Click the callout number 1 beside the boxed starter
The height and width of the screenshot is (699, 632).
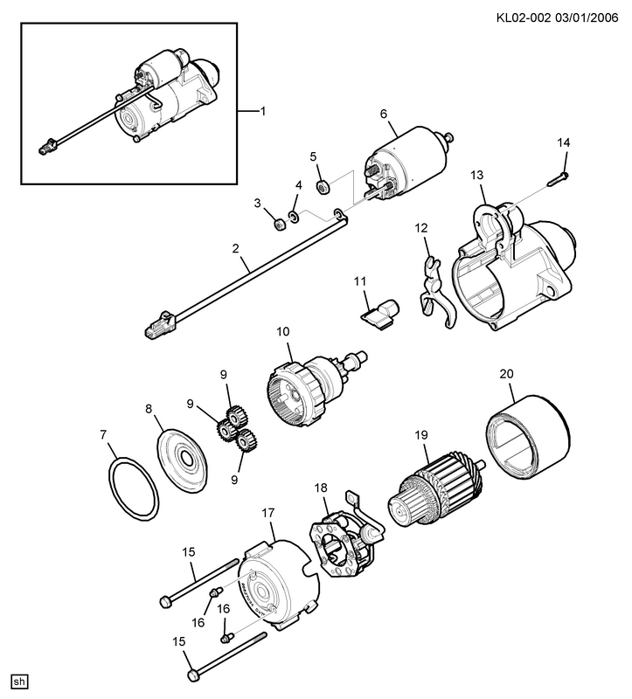coord(263,111)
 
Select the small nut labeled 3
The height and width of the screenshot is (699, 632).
coord(279,225)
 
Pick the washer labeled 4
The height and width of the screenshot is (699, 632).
coord(294,216)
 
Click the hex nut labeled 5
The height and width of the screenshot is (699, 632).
coord(323,186)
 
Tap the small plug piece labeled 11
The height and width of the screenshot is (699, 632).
coord(380,315)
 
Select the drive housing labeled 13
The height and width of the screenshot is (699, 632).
coord(513,266)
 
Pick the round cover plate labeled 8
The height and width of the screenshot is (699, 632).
coord(183,460)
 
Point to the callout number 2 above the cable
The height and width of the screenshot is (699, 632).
coord(236,249)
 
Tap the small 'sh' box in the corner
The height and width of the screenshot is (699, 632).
coord(19,682)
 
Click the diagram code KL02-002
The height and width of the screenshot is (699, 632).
coord(523,17)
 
